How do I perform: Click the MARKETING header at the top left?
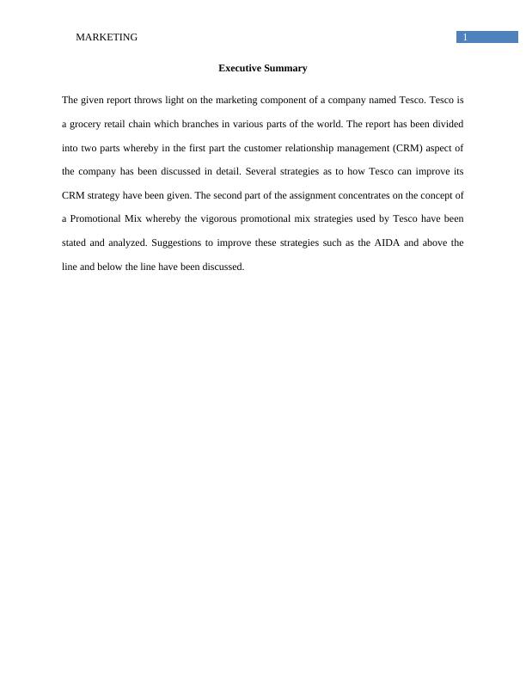click(107, 37)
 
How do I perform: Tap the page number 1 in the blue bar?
click(465, 37)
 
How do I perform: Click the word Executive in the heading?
click(240, 68)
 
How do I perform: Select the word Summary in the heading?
click(286, 68)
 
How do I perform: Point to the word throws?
click(146, 101)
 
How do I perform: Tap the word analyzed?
click(113, 242)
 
